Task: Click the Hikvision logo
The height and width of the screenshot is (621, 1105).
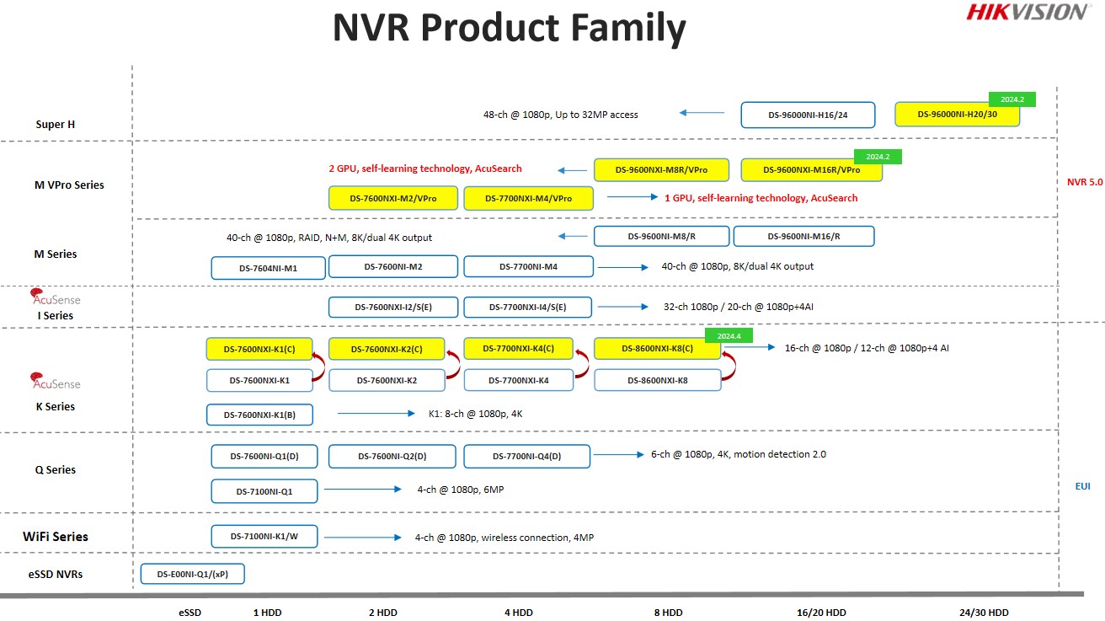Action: [x=1027, y=12]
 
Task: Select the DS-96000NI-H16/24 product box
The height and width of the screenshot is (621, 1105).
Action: [x=808, y=115]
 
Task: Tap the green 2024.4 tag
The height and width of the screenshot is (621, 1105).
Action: [x=729, y=335]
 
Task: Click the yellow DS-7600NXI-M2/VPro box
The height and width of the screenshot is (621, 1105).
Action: [x=393, y=199]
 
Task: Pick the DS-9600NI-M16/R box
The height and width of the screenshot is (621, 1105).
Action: [x=803, y=237]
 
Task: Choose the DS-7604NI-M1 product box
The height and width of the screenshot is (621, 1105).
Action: [x=268, y=268]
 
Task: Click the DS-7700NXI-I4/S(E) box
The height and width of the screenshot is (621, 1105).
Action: [x=527, y=307]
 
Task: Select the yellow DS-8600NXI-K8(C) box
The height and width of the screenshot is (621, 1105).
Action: [x=657, y=349]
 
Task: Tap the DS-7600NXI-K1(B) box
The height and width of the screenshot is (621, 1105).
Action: [x=259, y=415]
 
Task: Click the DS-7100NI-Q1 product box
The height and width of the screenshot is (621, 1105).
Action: [x=264, y=491]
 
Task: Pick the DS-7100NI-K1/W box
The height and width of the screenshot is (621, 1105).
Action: [x=264, y=537]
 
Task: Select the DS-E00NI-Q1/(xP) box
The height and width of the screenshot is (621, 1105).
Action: [x=192, y=574]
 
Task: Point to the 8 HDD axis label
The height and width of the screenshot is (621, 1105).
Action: [x=669, y=613]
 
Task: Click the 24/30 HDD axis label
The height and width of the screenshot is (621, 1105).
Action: [x=984, y=613]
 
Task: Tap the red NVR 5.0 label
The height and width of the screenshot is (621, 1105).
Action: [x=1085, y=182]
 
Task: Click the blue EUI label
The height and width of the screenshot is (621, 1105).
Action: [x=1083, y=486]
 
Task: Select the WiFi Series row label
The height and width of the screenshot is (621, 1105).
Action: [x=56, y=537]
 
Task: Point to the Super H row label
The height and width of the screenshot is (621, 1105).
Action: [x=56, y=125]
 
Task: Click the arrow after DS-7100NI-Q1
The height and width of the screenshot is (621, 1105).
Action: [x=362, y=490]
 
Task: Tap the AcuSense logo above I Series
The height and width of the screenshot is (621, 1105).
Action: [x=55, y=297]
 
